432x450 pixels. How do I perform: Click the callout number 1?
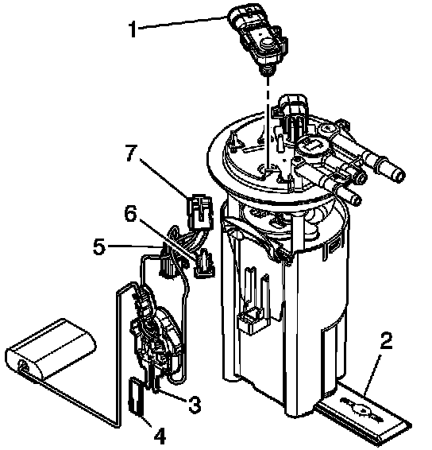click(x=133, y=29)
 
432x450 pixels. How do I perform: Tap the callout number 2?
click(x=386, y=340)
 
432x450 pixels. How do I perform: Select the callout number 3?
click(x=195, y=405)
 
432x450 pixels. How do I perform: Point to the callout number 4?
click(x=160, y=436)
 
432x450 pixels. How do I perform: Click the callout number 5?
click(x=99, y=246)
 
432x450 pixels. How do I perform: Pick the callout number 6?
click(x=130, y=213)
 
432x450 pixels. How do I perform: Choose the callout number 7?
click(x=131, y=153)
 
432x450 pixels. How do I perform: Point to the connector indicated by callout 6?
click(x=204, y=263)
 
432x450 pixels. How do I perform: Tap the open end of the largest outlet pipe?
click(x=399, y=174)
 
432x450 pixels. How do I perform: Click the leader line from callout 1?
click(x=183, y=22)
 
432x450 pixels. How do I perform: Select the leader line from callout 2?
click(x=372, y=374)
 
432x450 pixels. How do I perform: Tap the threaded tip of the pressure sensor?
click(x=267, y=70)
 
